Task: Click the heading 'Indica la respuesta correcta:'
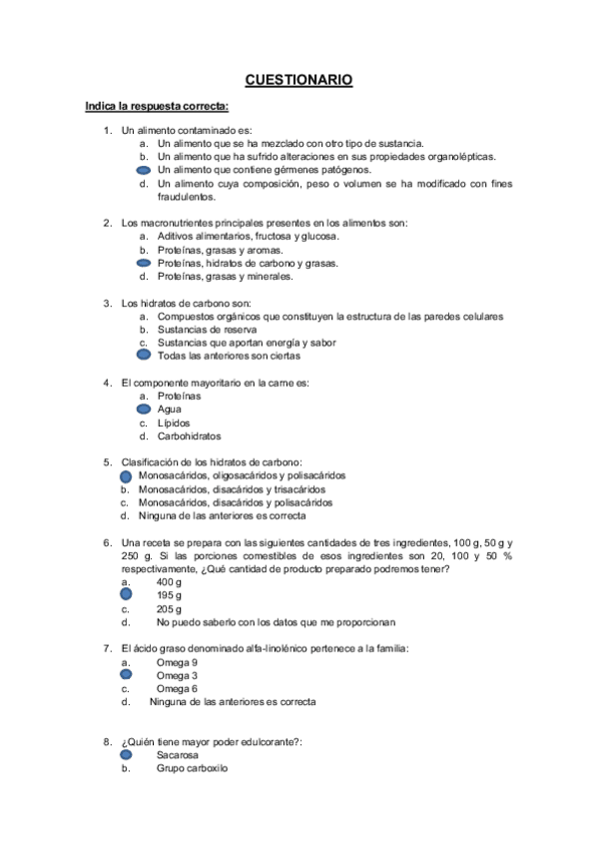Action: point(157,106)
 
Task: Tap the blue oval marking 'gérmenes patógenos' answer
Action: point(144,171)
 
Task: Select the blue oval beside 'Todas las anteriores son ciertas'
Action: point(144,355)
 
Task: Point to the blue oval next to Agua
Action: point(144,409)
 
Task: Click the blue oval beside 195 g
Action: point(127,593)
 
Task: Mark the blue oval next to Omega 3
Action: point(127,674)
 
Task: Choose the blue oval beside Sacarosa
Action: point(127,755)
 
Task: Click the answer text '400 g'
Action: point(169,580)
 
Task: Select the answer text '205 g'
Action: point(169,607)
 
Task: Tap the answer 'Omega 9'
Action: point(177,661)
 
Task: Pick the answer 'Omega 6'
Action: point(177,688)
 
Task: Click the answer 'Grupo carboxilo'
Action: point(192,769)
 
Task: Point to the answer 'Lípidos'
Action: point(174,423)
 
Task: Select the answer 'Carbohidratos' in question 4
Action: point(190,435)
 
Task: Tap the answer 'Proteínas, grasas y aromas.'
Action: point(221,250)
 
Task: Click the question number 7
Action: point(107,648)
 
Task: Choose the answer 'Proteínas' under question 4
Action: point(179,396)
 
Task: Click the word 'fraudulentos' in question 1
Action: point(187,197)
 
